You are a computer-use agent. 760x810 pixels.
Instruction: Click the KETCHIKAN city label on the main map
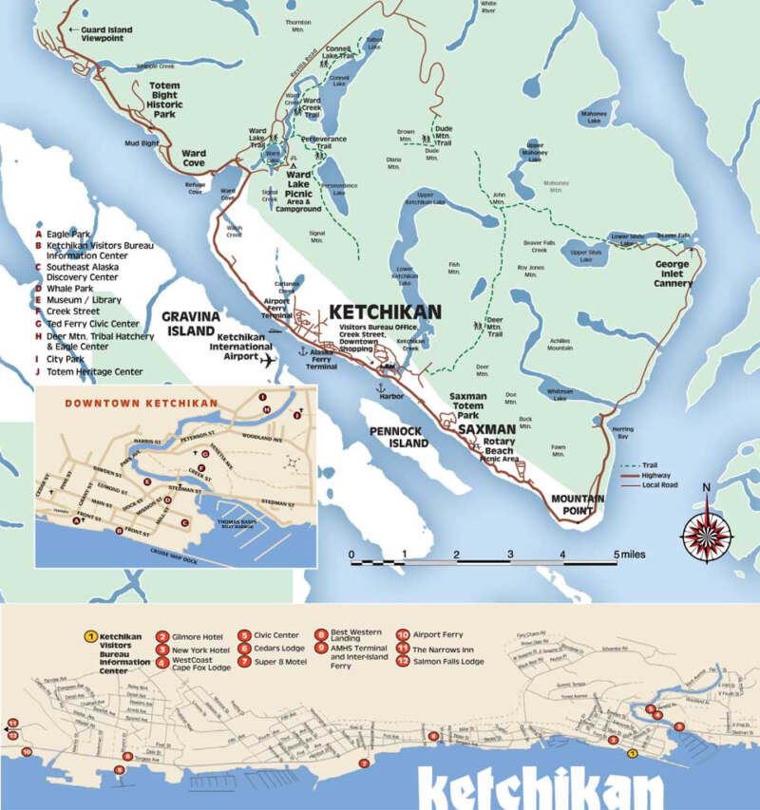click(385, 311)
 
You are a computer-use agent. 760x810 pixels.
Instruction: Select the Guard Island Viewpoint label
click(101, 35)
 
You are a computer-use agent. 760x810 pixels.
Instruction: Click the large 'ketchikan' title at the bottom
click(541, 789)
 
